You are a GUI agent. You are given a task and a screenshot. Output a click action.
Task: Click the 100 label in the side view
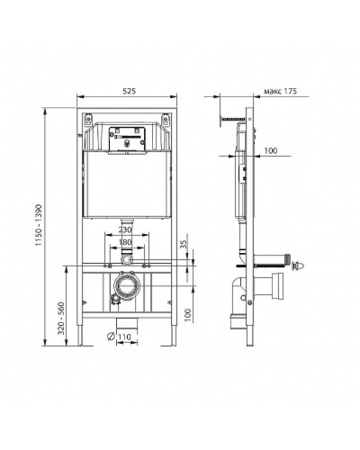(270, 152)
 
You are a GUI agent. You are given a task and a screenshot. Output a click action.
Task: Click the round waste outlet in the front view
(126, 288)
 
